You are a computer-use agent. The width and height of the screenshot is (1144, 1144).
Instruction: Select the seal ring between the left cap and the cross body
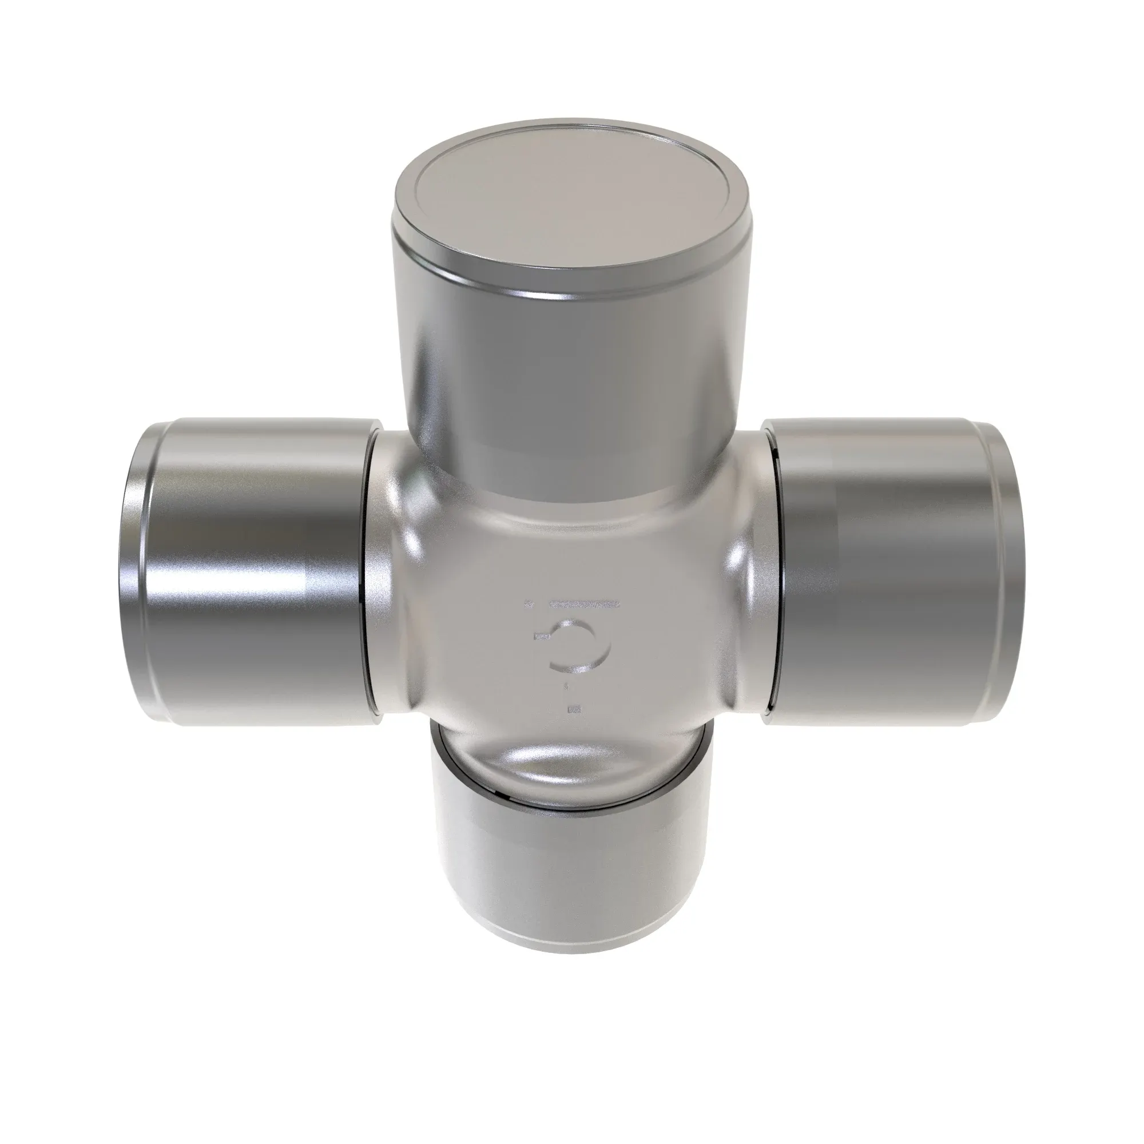(366, 571)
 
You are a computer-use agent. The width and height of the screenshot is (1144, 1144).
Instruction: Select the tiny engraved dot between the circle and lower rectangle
(567, 686)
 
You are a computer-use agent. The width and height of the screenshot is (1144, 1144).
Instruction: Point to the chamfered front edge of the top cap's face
(569, 288)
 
